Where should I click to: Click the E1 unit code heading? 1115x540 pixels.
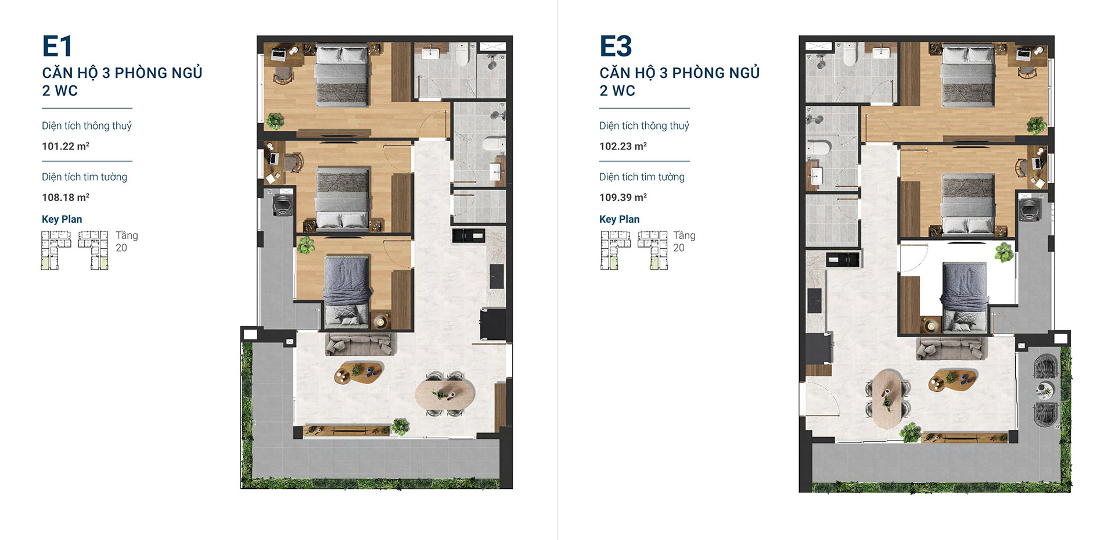point(57,46)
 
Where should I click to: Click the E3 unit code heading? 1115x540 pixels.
point(616,46)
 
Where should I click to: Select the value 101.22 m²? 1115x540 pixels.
point(66,146)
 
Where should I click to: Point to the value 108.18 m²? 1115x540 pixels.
point(66,197)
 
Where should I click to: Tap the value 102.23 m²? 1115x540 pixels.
point(623,146)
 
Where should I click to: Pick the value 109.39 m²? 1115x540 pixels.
point(623,197)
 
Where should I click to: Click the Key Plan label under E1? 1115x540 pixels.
point(62,219)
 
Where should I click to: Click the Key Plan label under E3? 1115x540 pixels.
point(620,219)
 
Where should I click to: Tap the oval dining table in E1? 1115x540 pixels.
point(445,394)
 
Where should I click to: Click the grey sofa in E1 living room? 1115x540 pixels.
point(360,344)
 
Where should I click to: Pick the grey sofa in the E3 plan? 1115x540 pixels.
point(951,348)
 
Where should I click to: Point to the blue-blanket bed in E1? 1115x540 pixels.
point(347,291)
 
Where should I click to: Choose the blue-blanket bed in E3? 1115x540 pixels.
point(964,298)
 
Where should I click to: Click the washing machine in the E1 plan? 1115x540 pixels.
point(282,205)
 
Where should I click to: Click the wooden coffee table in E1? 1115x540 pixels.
point(359,373)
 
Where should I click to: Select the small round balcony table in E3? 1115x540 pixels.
point(1045,390)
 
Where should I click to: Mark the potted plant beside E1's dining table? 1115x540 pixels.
point(400,427)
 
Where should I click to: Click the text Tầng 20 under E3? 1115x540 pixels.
point(684,241)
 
